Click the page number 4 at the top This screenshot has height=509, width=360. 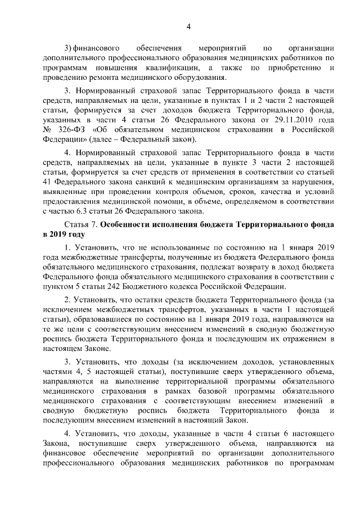189,26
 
